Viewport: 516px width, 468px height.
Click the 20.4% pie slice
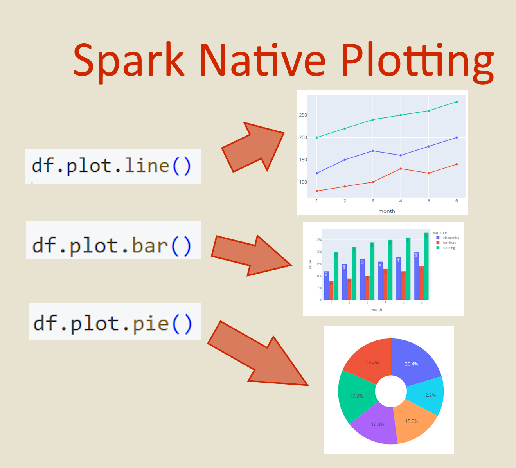[413, 362]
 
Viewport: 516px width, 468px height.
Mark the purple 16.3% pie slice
[376, 425]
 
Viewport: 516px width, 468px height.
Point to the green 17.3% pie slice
[355, 396]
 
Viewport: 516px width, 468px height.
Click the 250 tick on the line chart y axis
[303, 115]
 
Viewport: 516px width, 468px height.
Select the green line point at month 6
[457, 102]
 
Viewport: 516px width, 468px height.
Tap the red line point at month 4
[401, 169]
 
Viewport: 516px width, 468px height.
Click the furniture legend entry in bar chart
[449, 243]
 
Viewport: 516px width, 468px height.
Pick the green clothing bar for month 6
[426, 266]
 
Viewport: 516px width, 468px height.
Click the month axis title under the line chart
[387, 211]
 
